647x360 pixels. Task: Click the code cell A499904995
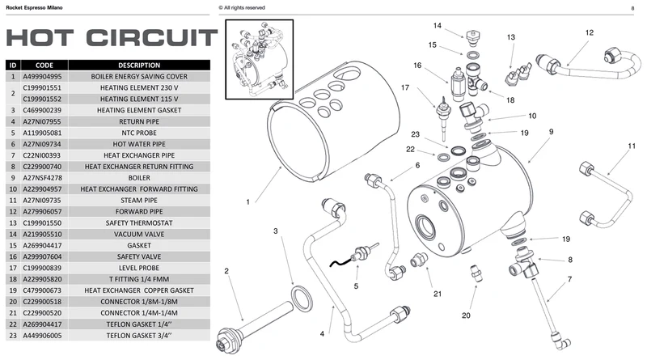[42, 76]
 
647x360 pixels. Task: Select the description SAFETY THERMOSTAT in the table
[139, 223]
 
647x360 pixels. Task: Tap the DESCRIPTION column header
[139, 66]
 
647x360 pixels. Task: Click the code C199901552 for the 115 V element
[42, 99]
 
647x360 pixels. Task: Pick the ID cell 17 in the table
[13, 268]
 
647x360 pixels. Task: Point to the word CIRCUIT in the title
[152, 38]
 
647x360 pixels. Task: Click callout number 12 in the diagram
[590, 32]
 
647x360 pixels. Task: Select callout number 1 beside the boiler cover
[247, 202]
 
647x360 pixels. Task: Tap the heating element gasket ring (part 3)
[302, 299]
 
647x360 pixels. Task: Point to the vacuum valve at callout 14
[473, 37]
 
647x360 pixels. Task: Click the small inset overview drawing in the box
[259, 59]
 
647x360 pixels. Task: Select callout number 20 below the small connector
[466, 316]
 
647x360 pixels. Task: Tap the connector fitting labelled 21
[419, 260]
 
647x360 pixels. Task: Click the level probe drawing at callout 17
[443, 117]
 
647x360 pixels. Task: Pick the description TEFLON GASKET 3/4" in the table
[139, 336]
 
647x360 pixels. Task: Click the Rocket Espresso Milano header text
[34, 8]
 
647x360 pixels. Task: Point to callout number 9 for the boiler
[552, 132]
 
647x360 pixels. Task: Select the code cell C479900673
[42, 290]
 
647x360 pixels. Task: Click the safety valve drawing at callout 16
[457, 84]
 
